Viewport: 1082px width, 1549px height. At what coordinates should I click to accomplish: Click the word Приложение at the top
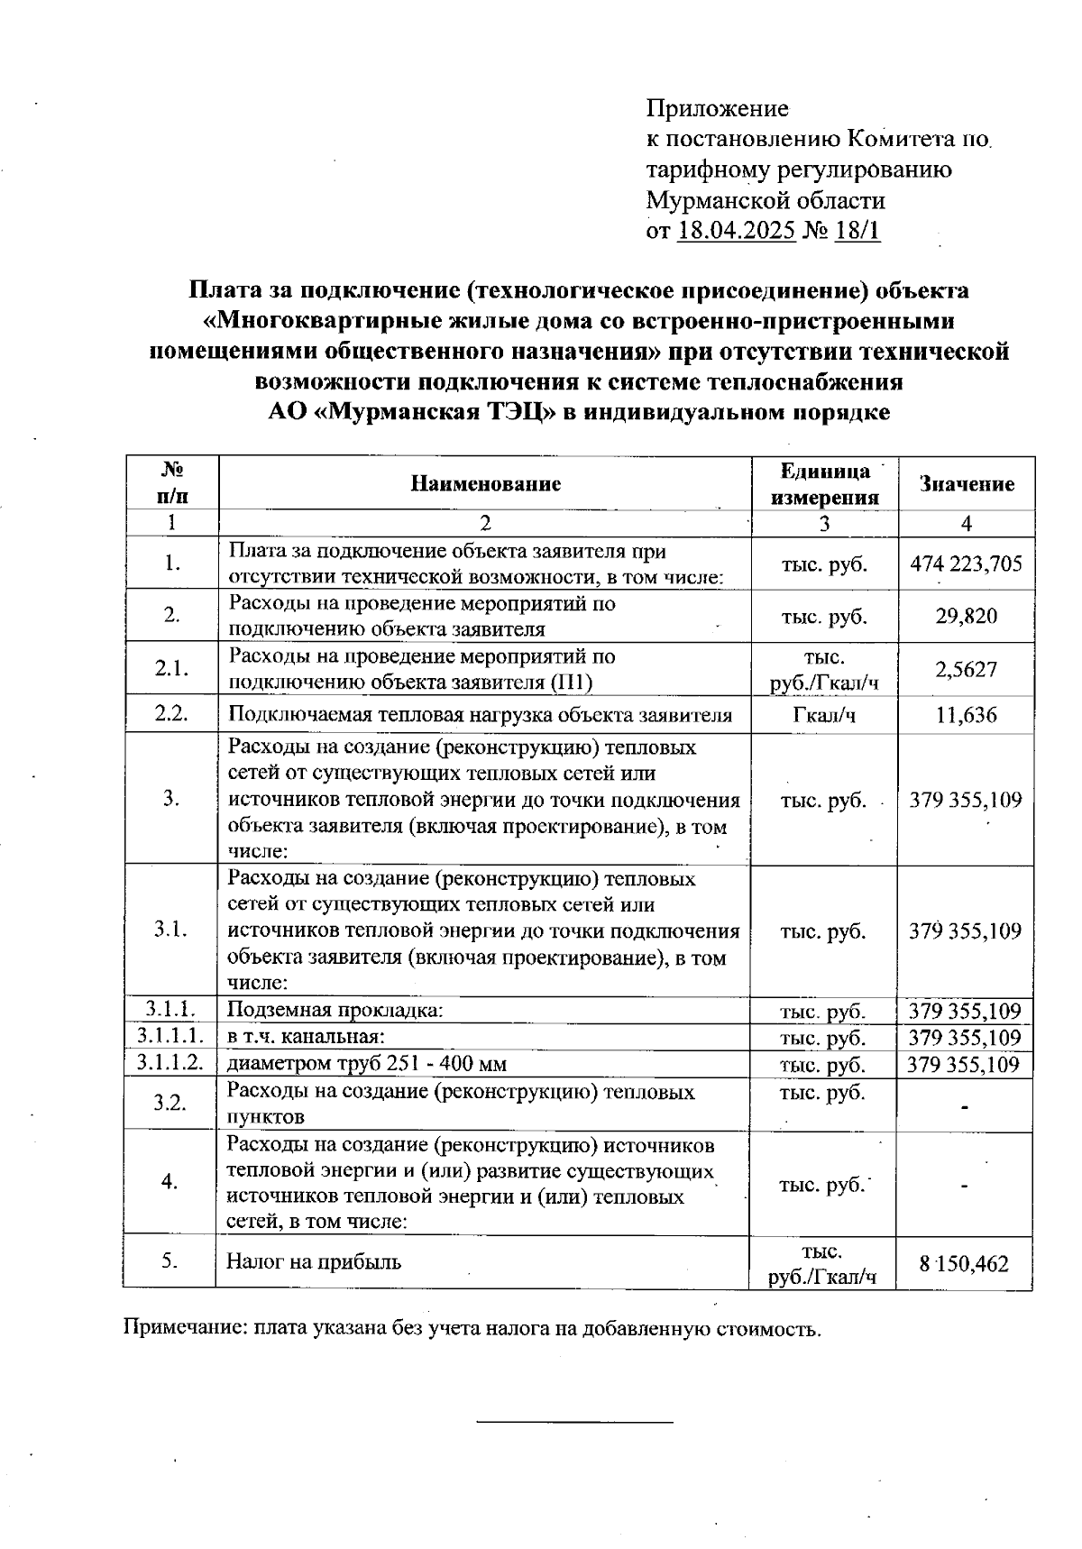717,109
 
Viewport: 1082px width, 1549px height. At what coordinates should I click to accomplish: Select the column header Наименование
485,484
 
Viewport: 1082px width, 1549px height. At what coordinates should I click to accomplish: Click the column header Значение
966,484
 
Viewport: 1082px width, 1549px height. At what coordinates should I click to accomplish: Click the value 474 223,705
966,564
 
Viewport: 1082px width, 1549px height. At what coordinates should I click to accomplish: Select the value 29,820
966,617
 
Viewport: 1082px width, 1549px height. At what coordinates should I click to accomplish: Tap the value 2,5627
966,669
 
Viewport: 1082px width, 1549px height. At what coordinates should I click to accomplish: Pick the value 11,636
966,716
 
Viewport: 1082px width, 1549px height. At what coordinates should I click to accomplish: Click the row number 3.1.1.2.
170,1063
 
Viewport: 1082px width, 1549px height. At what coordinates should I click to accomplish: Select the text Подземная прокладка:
335,1010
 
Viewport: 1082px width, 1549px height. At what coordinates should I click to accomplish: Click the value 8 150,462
964,1264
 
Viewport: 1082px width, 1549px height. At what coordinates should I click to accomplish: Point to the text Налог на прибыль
314,1262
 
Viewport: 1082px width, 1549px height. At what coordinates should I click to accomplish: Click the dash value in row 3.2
965,1106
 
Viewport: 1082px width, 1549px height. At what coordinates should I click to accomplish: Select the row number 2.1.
170,669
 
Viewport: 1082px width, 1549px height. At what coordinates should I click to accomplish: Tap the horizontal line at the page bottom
574,1422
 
